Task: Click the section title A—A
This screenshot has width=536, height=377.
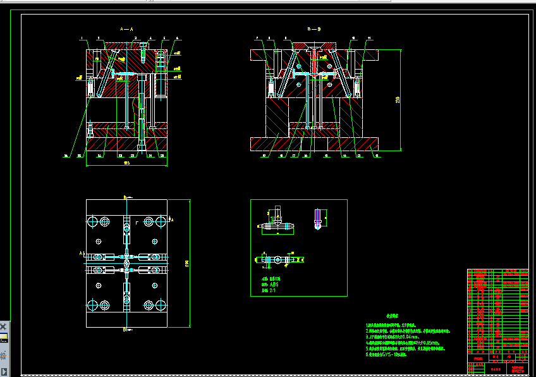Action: pos(126,29)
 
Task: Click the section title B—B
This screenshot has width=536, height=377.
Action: pos(314,29)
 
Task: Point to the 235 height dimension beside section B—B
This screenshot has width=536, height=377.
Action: pos(398,99)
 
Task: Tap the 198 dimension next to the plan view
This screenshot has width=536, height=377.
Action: pos(186,263)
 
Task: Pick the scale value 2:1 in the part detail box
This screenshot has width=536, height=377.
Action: pos(272,291)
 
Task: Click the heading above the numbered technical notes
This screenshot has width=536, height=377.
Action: pos(395,314)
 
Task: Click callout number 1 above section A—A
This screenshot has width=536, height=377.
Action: pos(82,39)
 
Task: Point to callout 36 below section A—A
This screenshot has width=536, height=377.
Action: pos(66,154)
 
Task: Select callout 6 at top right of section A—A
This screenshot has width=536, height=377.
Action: pos(177,39)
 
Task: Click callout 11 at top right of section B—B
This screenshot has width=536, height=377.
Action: pos(369,39)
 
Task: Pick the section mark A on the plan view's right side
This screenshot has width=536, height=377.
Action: pos(173,219)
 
